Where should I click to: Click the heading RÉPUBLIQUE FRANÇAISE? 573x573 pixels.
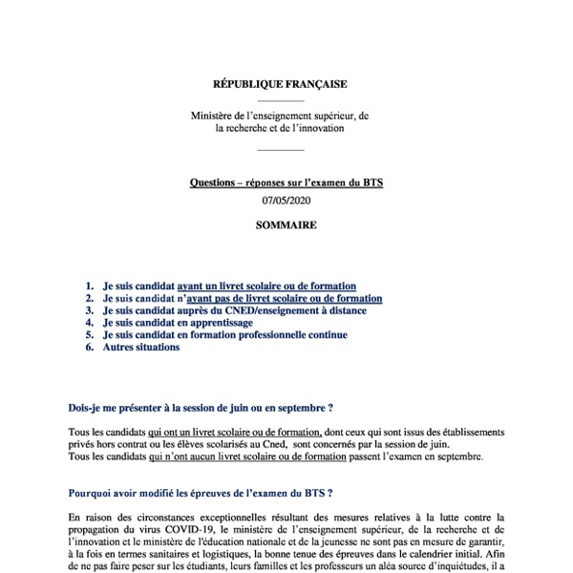[x=280, y=84]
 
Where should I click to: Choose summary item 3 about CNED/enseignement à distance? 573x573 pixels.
[x=234, y=310]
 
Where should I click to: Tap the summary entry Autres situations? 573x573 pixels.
[x=140, y=348]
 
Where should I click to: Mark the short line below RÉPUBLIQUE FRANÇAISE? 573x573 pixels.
[x=281, y=100]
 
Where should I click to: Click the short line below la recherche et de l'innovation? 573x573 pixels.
[x=281, y=149]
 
